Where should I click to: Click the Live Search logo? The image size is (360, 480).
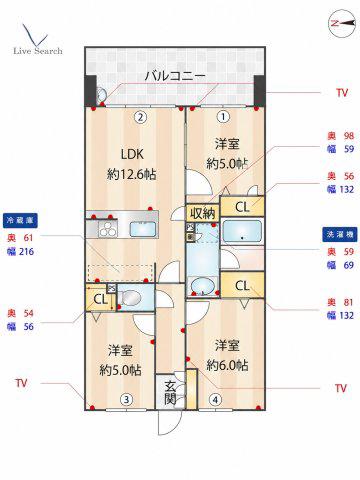[x=38, y=39]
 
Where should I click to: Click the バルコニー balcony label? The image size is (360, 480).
[x=175, y=76]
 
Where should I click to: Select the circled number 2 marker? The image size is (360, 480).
[x=141, y=117]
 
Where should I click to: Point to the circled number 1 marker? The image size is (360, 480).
[x=223, y=117]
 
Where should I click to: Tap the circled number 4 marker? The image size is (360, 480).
[x=215, y=399]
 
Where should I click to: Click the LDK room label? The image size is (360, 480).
[x=132, y=154]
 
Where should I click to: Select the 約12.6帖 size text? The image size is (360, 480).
[x=132, y=174]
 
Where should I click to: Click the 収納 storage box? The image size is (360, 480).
[x=203, y=213]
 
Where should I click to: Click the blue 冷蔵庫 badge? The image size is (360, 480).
[x=20, y=221]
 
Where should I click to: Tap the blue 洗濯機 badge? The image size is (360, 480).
[x=340, y=234]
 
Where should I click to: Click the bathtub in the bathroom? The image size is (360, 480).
[x=242, y=232]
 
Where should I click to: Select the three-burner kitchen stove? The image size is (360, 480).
[x=108, y=229]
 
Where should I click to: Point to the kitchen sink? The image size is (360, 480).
[x=143, y=229]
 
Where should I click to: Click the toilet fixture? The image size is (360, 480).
[x=130, y=298]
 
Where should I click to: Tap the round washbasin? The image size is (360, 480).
[x=202, y=286]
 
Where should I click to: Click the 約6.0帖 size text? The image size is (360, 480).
[x=227, y=366]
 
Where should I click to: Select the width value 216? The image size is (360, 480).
[x=26, y=252]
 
